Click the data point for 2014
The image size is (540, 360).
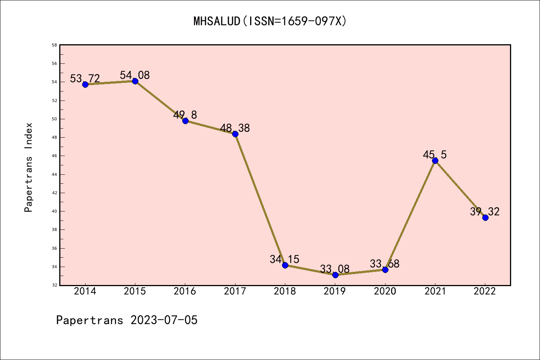point(85,84)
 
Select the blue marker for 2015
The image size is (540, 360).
point(135,81)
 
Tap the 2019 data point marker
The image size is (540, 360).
point(335,275)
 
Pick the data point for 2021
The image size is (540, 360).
point(435,160)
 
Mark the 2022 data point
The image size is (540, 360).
point(485,217)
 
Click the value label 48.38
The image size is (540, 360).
point(235,128)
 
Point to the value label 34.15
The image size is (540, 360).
point(284,259)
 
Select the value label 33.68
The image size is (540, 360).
point(384,264)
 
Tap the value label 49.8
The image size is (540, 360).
point(185,115)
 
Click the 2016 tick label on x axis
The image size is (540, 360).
point(185,291)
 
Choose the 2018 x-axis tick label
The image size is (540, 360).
point(285,291)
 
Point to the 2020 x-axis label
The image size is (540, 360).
point(385,291)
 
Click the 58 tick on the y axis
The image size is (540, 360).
point(54,45)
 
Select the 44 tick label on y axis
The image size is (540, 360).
point(54,174)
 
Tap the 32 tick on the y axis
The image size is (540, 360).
point(54,285)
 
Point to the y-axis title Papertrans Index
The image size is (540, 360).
point(28,167)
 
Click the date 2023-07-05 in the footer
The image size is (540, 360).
point(164,320)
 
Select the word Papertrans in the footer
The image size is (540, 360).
point(90,320)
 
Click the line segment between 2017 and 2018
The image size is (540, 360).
point(260,199)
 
